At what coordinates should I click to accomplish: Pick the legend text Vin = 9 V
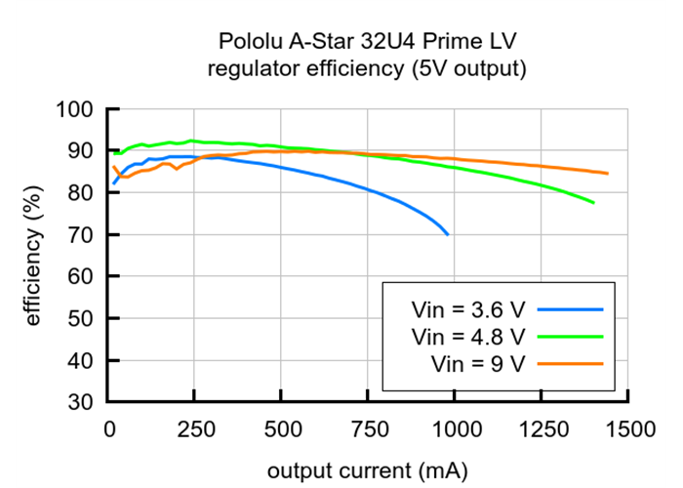pos(478,363)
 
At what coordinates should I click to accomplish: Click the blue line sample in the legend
pos(570,310)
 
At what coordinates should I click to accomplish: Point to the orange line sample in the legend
pos(570,363)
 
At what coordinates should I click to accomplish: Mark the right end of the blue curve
pos(448,234)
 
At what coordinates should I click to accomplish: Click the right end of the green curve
pos(593,202)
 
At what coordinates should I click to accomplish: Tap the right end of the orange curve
pos(607,174)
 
